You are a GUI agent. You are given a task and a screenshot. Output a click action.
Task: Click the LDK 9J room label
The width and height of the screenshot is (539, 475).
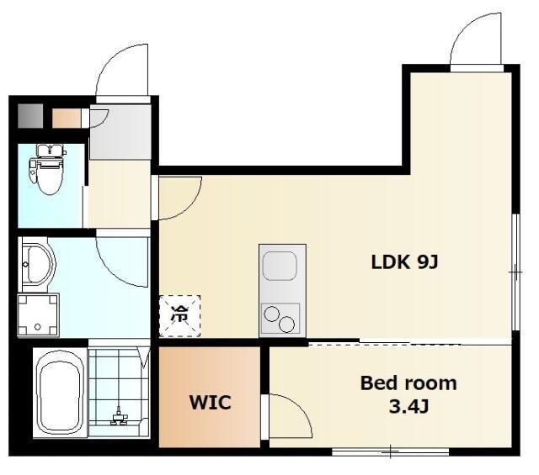404,262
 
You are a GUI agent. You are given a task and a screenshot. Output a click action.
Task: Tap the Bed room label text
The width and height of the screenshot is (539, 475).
408,383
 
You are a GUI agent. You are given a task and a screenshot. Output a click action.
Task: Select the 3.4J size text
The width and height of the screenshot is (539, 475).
408,407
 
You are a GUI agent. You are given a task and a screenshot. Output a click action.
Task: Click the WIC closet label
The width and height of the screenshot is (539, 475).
210,402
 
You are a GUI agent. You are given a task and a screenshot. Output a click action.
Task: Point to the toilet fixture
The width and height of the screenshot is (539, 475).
48,169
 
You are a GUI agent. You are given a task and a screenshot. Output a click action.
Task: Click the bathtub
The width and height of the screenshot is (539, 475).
61,393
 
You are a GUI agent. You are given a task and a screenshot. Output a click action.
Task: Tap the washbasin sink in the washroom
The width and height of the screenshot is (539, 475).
38,264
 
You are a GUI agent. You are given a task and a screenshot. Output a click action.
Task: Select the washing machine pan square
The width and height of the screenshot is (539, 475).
38,314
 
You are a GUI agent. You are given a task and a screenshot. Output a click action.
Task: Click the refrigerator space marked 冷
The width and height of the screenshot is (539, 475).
179,316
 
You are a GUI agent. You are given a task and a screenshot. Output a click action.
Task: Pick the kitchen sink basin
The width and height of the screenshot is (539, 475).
280,266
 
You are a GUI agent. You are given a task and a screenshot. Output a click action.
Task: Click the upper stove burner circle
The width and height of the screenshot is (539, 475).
271,314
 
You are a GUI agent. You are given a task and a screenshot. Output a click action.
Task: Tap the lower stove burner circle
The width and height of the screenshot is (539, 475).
286,325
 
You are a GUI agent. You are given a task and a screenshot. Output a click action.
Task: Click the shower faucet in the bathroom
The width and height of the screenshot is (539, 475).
119,416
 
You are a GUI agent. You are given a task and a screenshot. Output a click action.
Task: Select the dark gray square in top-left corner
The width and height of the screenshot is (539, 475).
30,116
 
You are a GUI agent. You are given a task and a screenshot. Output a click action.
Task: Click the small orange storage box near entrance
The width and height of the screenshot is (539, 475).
67,118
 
